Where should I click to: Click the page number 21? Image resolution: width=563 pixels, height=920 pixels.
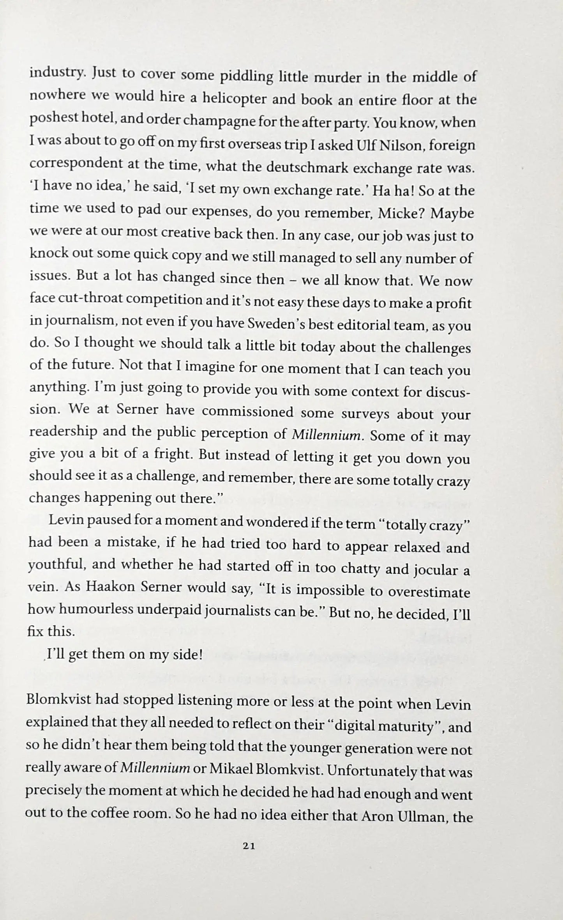pyautogui.click(x=249, y=846)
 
